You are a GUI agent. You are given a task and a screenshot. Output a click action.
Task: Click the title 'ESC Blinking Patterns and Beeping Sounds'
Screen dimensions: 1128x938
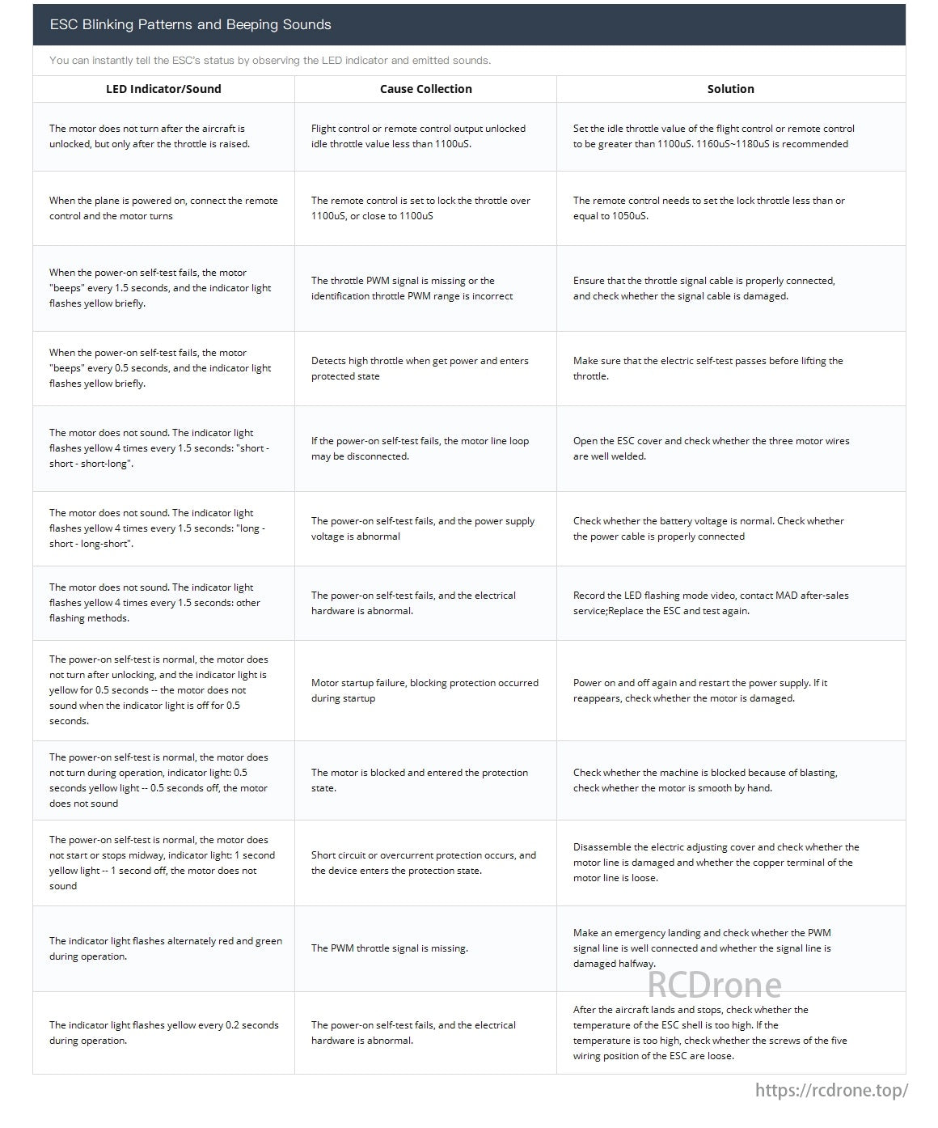coord(190,24)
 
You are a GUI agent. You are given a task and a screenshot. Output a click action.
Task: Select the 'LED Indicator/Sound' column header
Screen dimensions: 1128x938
coord(163,89)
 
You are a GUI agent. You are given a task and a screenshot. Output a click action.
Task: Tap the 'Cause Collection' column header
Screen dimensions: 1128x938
coord(425,89)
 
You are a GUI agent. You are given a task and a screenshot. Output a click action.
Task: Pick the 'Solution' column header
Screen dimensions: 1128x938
coord(730,89)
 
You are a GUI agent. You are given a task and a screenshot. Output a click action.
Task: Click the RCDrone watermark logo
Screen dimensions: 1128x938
coord(714,985)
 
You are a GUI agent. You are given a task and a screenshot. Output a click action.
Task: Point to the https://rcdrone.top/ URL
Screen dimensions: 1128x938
coord(831,1090)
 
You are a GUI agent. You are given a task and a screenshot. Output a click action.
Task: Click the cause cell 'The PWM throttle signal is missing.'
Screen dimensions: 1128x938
coord(390,948)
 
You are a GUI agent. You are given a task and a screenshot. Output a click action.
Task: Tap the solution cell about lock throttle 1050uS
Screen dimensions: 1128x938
coord(708,208)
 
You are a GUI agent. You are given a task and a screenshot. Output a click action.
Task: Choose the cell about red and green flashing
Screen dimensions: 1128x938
coord(165,948)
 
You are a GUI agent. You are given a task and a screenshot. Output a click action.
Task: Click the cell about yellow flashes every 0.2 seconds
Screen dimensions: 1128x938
coord(163,1033)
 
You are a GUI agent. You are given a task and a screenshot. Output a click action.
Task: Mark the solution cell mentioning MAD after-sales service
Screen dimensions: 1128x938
coord(711,603)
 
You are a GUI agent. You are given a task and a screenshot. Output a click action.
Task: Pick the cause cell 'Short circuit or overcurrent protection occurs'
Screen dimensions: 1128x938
coord(424,863)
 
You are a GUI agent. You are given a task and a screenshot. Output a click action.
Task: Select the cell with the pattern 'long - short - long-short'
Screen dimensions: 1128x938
coord(157,528)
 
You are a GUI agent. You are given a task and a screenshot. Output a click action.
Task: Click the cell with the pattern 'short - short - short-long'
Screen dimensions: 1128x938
coord(158,448)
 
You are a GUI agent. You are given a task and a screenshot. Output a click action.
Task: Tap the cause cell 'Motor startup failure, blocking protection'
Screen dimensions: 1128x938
coord(425,690)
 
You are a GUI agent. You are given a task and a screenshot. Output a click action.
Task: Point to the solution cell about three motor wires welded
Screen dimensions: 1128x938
coord(711,448)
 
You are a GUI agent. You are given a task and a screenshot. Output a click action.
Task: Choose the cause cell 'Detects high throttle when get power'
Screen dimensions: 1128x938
coord(420,368)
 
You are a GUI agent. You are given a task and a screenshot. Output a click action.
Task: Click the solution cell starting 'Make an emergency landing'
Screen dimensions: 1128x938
coord(702,948)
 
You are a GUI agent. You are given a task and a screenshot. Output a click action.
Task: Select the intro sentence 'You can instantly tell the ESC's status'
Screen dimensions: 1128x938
coord(270,61)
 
